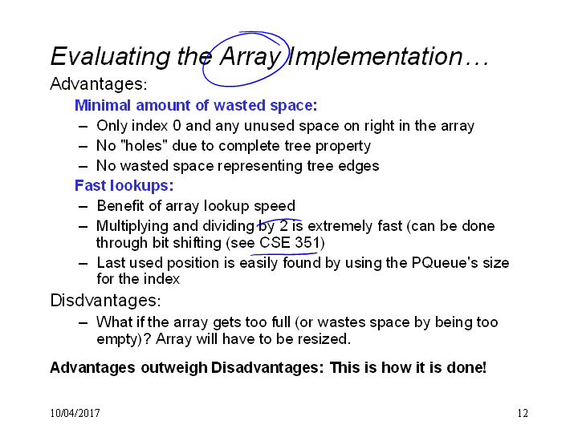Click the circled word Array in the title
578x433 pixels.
(250, 57)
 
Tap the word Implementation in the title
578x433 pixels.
(375, 56)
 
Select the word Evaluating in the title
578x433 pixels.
(111, 57)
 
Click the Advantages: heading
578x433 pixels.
(99, 84)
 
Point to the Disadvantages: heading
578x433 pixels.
(106, 301)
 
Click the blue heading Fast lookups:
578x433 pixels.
(124, 186)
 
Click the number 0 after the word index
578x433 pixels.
(177, 126)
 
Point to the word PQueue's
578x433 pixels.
(445, 263)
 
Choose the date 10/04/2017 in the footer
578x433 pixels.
(75, 413)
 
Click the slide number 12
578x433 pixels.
(523, 413)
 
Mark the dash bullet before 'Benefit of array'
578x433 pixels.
(83, 206)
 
